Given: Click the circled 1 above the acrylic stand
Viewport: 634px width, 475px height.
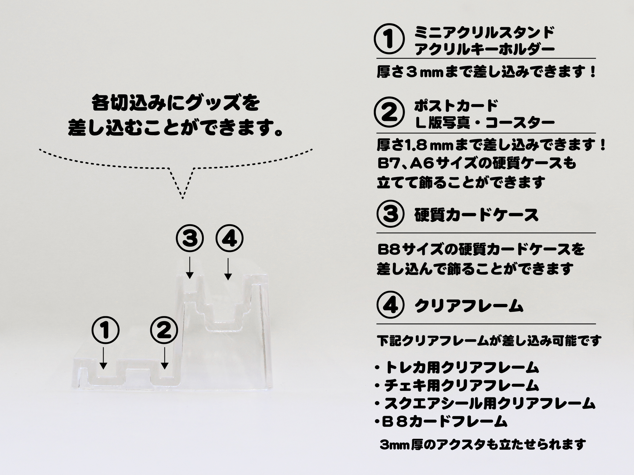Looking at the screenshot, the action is click(x=106, y=331).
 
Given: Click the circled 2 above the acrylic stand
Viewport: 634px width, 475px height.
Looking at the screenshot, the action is click(x=164, y=331).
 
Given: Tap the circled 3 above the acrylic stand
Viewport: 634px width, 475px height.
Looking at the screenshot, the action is click(x=190, y=239).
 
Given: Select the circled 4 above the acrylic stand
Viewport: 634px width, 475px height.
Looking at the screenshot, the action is click(x=229, y=239).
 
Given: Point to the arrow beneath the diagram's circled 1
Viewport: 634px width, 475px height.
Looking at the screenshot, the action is click(x=103, y=358).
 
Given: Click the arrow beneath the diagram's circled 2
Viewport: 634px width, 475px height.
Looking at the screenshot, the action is click(x=164, y=358).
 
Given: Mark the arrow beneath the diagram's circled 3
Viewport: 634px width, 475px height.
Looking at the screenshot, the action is click(x=190, y=268).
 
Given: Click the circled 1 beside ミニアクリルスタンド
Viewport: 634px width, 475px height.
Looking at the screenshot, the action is click(x=390, y=41).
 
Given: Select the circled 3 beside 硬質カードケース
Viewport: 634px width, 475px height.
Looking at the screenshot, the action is click(x=390, y=215).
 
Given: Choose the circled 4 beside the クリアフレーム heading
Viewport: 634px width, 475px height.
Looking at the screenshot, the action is click(x=390, y=306).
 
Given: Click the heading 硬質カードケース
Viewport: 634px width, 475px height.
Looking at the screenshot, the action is click(x=476, y=215).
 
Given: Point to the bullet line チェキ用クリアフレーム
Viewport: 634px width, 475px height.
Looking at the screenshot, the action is click(x=457, y=386).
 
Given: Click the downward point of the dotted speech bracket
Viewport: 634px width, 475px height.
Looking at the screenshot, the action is click(x=183, y=199).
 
